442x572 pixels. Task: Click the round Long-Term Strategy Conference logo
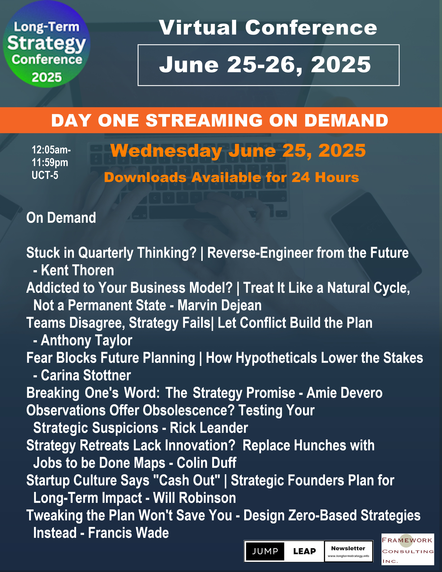(x=47, y=44)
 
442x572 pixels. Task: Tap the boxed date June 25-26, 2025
(x=265, y=65)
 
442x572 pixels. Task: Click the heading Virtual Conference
(x=268, y=28)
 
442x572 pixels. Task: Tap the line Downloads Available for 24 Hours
(x=231, y=177)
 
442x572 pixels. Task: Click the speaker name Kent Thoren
(x=77, y=270)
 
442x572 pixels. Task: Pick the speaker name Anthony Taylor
(x=86, y=340)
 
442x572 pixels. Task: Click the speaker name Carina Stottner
(x=86, y=375)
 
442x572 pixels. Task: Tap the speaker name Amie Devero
(x=344, y=393)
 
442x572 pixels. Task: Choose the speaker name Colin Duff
(x=207, y=463)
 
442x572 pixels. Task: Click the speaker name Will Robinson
(x=194, y=498)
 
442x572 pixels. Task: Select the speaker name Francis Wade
(x=128, y=533)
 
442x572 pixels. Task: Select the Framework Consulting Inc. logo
(x=408, y=549)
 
